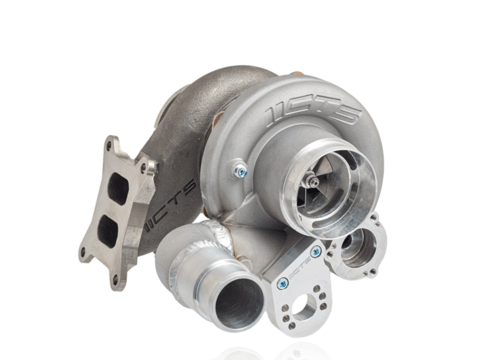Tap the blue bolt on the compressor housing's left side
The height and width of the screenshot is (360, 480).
(x=240, y=172)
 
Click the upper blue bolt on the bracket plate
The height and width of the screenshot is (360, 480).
(x=316, y=252)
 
